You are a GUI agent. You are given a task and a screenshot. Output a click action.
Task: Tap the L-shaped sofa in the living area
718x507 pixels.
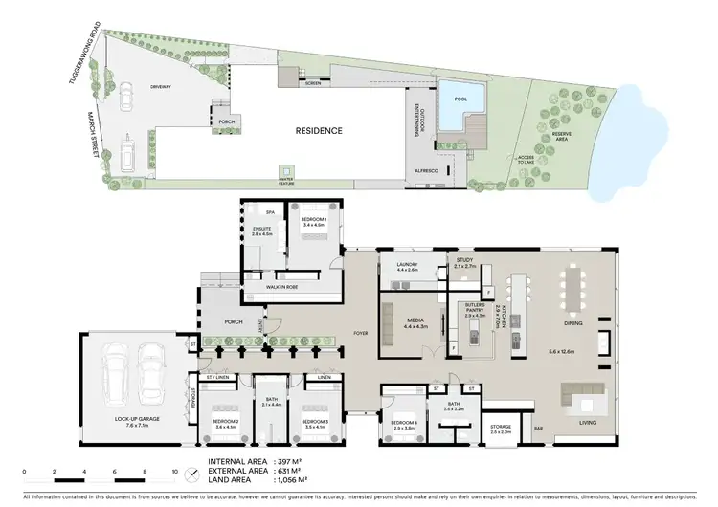pyautogui.click(x=583, y=394)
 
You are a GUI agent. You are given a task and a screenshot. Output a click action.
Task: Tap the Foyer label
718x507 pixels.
pyautogui.click(x=360, y=334)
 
